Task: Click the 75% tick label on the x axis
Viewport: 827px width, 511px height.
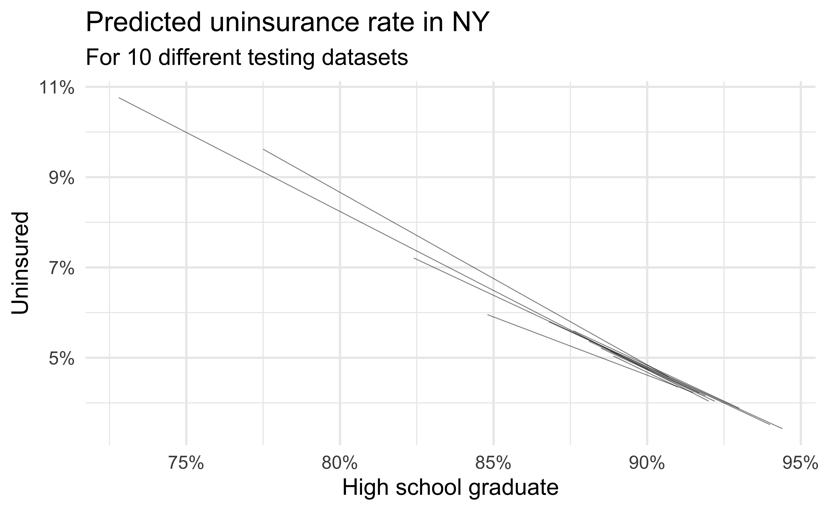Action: tap(186, 464)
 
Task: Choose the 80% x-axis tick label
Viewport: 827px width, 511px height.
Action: tap(340, 464)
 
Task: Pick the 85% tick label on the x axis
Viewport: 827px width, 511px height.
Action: tap(493, 464)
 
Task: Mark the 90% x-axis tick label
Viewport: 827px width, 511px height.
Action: tap(647, 464)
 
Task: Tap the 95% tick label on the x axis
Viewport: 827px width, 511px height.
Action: tap(800, 464)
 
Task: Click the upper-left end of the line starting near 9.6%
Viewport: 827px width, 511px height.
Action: tap(263, 149)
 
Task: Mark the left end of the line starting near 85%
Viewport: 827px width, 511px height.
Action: tap(488, 315)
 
